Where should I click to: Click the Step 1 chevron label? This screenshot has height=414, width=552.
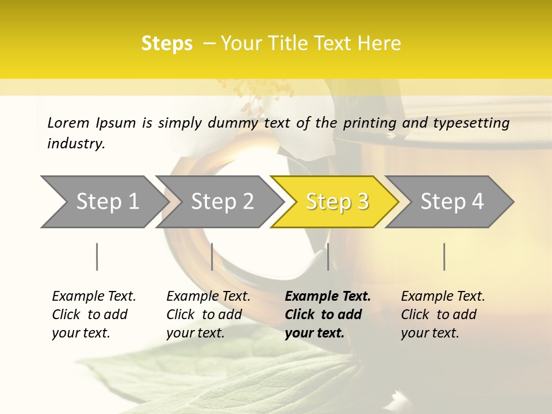(x=108, y=201)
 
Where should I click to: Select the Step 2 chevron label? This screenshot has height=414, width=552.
(x=223, y=201)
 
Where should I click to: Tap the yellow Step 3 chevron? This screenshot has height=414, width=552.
(x=337, y=201)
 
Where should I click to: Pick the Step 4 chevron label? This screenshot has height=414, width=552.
(x=452, y=201)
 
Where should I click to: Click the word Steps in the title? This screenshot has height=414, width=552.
(x=167, y=44)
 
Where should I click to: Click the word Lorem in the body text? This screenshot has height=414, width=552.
(x=68, y=122)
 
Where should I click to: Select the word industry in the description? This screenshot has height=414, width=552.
(x=76, y=143)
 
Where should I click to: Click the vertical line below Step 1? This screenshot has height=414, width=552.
(x=97, y=256)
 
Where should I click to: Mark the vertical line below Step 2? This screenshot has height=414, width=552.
(x=212, y=256)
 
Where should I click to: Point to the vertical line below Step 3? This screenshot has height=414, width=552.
(x=328, y=256)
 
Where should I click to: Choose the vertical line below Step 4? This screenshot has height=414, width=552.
(x=444, y=256)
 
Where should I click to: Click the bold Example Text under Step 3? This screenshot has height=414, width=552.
(x=328, y=296)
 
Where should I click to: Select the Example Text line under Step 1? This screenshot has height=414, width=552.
(x=94, y=296)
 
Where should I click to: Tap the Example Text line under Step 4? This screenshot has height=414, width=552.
(x=443, y=296)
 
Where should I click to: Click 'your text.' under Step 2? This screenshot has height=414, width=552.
(x=195, y=333)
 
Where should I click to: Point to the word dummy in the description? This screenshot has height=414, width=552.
(x=234, y=122)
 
